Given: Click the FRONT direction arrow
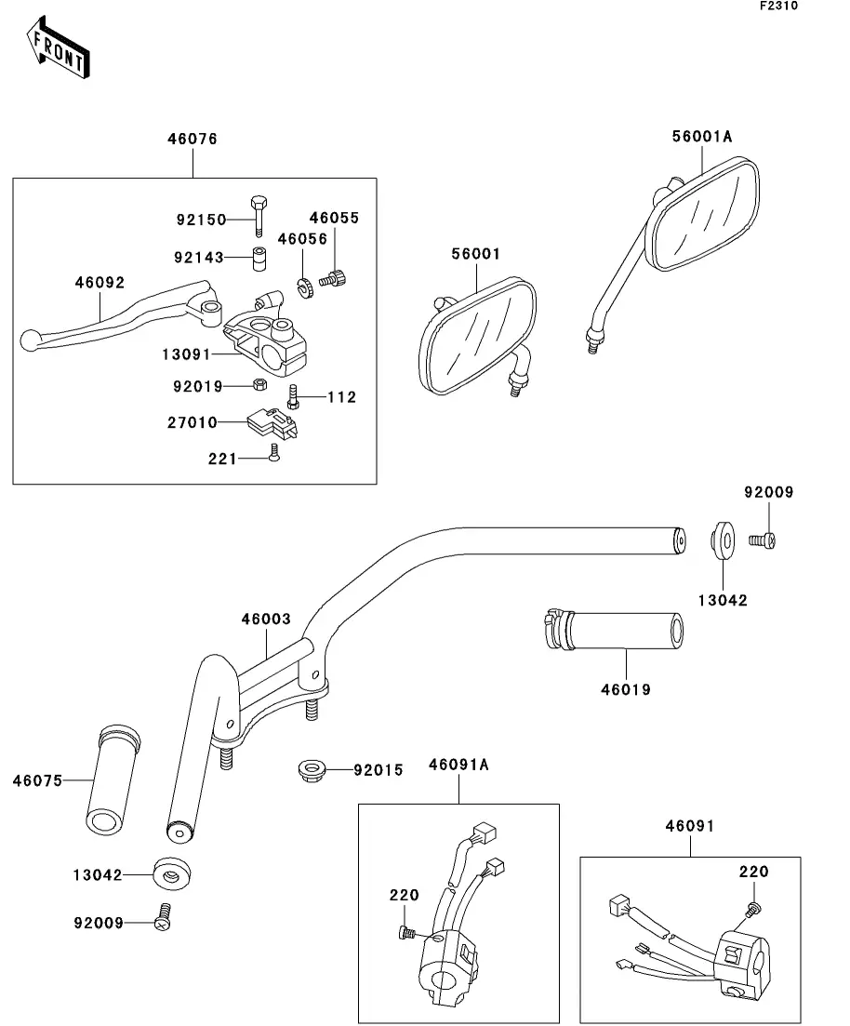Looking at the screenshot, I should (x=58, y=50).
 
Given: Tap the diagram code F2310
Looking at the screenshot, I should (x=778, y=7).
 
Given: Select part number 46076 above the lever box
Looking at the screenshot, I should (x=193, y=140).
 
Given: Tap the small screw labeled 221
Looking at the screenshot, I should (x=272, y=453).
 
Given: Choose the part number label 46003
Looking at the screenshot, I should (x=266, y=620).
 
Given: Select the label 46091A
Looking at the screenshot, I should (x=458, y=765).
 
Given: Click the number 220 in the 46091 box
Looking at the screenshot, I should (x=754, y=872).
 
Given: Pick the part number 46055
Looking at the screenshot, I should (x=334, y=219).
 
